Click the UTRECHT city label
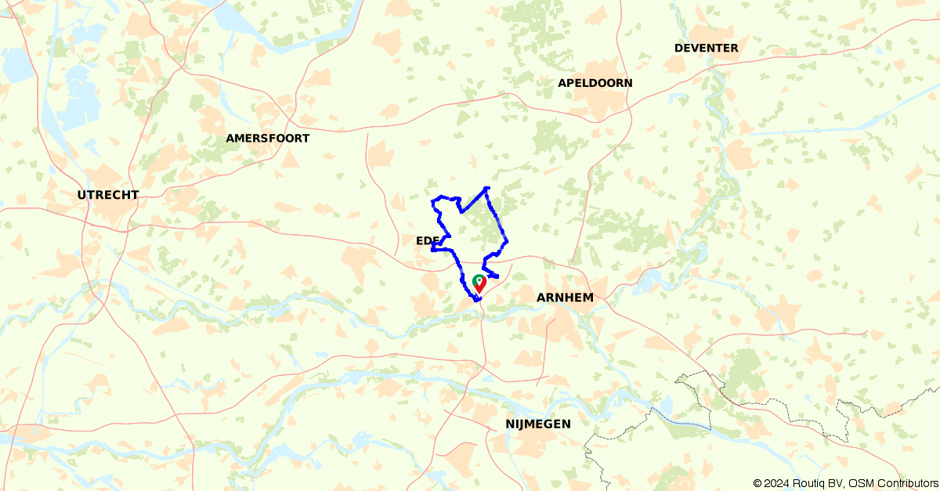[108, 195]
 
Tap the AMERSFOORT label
[267, 139]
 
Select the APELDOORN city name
[595, 83]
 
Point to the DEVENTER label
[706, 49]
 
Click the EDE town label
[420, 240]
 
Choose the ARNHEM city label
[565, 298]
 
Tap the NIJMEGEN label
[538, 424]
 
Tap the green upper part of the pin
[479, 280]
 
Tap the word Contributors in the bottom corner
[906, 483]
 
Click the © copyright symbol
[758, 483]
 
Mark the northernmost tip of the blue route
[487, 188]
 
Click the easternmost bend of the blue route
[508, 240]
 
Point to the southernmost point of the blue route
[475, 300]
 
